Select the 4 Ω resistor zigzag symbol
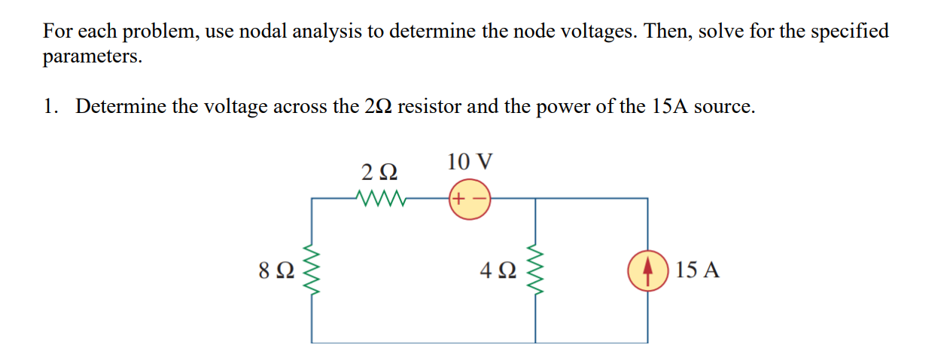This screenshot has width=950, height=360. [535, 269]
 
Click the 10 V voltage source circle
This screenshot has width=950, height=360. [470, 199]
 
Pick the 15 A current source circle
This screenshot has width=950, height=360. [648, 269]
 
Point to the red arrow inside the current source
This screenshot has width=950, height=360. [648, 269]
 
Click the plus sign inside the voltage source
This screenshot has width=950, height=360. [460, 199]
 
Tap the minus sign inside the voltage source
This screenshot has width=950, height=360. [480, 199]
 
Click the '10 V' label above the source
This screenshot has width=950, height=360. [470, 161]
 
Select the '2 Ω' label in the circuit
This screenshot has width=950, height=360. [379, 172]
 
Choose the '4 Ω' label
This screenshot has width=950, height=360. [498, 270]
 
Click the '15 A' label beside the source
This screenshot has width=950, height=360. [697, 270]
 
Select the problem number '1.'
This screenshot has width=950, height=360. [51, 106]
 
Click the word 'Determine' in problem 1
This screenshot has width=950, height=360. [120, 106]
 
